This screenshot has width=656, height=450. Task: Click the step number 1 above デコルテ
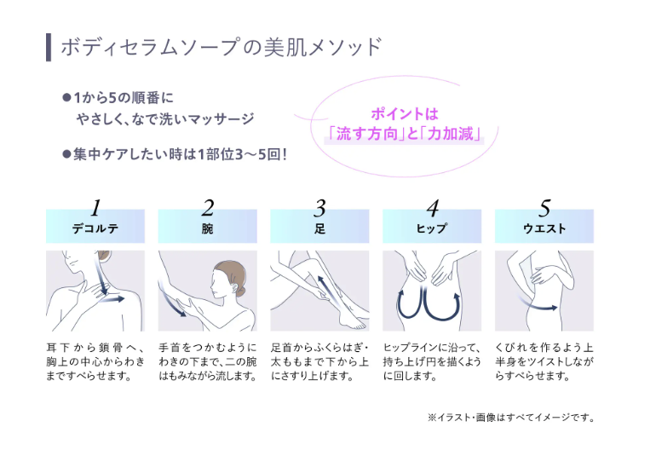coord(95,208)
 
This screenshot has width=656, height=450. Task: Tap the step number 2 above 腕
coord(208,208)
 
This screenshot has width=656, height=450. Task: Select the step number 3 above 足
coord(319,208)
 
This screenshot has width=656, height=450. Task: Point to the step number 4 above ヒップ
coord(433,208)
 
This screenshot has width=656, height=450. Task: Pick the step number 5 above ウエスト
coord(544,208)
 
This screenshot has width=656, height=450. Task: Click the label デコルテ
coord(95,228)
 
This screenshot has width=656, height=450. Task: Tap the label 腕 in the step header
coord(208,228)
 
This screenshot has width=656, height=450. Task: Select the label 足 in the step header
coord(319,228)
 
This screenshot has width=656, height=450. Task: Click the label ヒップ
coord(432,228)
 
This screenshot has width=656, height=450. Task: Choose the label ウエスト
coord(544,228)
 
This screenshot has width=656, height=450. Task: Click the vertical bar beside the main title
coord(49,48)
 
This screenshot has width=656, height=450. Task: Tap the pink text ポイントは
coord(405,114)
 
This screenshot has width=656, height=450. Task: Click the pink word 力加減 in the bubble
coord(451,134)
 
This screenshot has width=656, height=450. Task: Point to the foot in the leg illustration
coord(354,321)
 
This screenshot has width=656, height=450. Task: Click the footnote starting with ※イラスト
coord(511,418)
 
